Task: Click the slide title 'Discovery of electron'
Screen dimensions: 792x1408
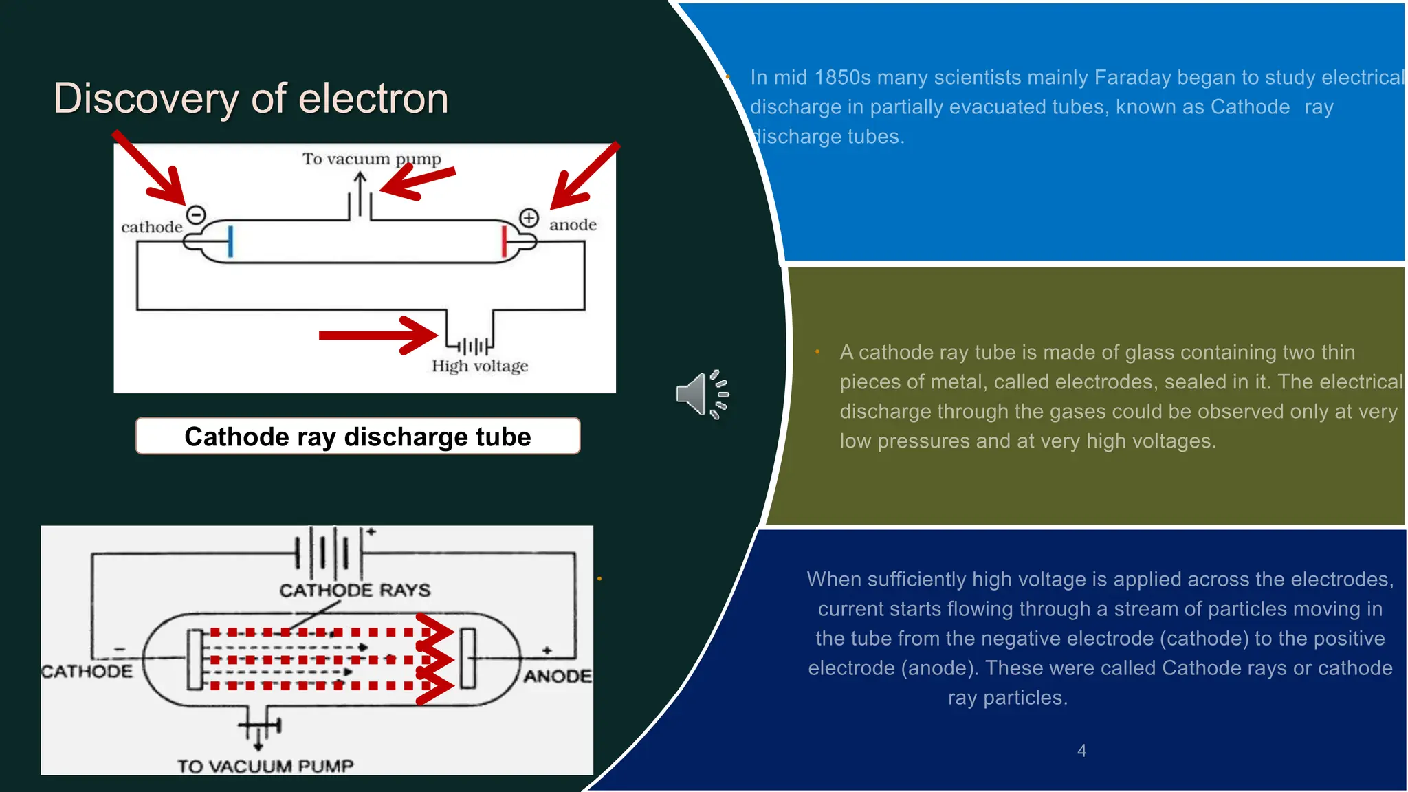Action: pos(251,98)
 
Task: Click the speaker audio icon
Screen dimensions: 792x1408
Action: pos(702,395)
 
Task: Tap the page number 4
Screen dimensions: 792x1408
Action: pos(1081,751)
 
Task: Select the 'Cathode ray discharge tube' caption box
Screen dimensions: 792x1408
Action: pos(357,437)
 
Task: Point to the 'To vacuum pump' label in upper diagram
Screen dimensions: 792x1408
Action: pos(371,159)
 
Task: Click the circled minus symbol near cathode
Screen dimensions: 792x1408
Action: pos(196,215)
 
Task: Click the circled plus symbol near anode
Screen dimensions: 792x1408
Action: pos(529,218)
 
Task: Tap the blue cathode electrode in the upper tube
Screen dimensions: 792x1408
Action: pos(230,241)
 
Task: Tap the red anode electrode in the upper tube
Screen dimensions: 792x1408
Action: pos(504,241)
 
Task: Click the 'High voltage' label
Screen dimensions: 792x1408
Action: pos(480,366)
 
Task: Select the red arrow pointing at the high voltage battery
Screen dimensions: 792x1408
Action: pos(378,335)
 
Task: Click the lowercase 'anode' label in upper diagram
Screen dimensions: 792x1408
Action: pos(573,225)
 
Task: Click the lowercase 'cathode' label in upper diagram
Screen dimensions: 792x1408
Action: pos(152,228)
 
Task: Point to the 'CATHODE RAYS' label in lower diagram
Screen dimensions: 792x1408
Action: pos(355,590)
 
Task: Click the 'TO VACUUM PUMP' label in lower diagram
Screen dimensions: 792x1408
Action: pos(265,766)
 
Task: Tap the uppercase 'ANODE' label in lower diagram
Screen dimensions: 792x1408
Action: pos(558,676)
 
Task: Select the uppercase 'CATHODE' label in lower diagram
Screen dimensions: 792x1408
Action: pos(87,671)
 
